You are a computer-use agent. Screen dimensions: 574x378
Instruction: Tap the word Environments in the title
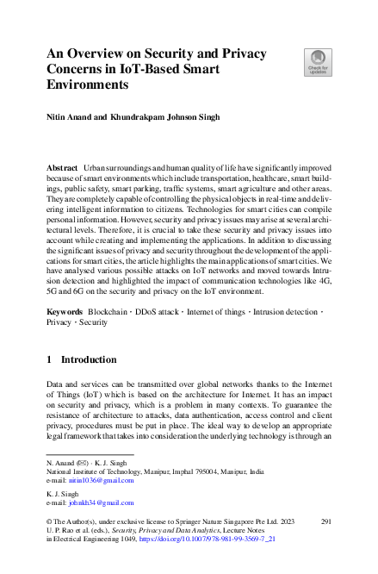point(88,85)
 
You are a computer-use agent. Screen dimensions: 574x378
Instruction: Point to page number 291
point(326,522)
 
